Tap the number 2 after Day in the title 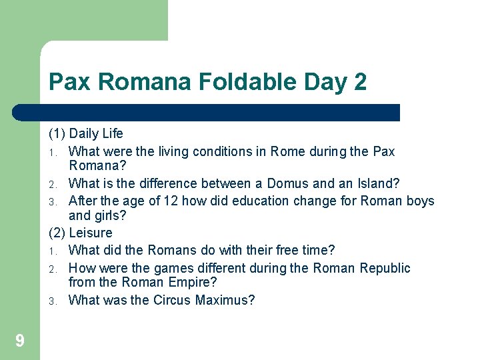coord(360,83)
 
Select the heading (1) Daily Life coord(86,134)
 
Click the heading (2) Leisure coord(81,233)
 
